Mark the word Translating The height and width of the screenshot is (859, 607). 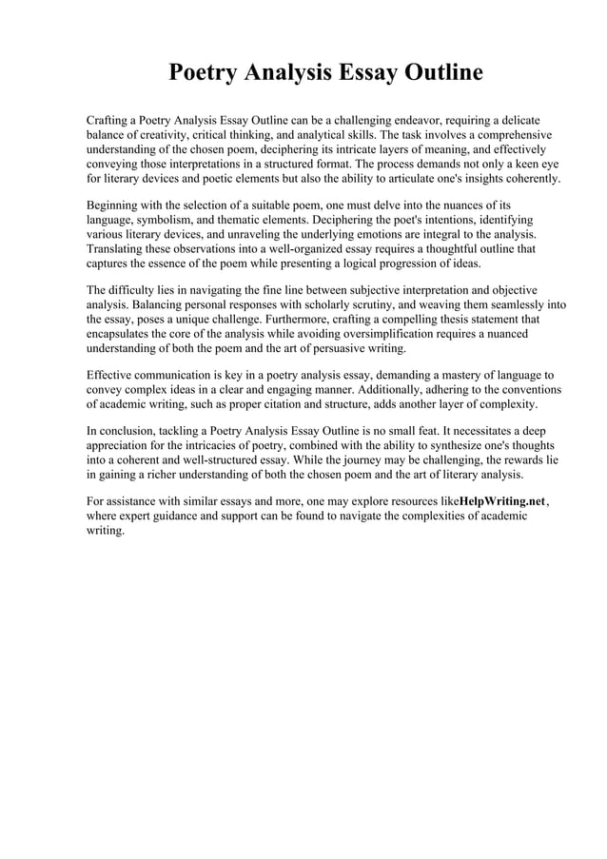[119, 248]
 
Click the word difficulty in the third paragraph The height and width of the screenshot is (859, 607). [140, 289]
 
